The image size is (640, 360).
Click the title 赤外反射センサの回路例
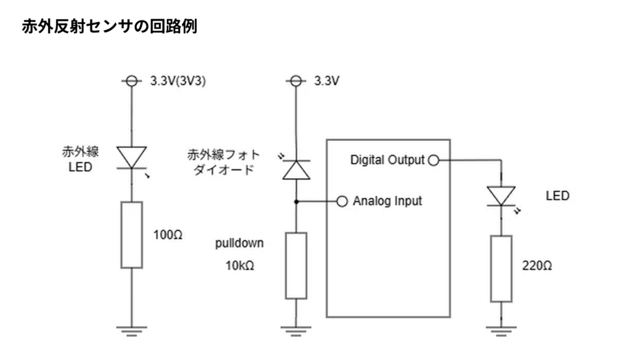coord(110,27)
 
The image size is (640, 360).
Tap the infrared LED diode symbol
coord(131,157)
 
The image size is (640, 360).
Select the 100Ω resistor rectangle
coord(131,234)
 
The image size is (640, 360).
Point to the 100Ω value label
coord(167,236)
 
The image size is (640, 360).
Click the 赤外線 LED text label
coord(80,159)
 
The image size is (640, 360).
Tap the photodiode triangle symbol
coord(296,169)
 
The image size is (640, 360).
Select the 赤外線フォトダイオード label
coord(224,162)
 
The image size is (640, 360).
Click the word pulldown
coord(239,244)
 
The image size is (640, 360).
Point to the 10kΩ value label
coord(240,265)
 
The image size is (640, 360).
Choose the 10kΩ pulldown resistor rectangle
coord(296,265)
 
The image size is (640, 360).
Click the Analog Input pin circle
coord(342,201)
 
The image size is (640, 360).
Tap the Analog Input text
coord(387,201)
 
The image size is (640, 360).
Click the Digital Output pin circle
coord(432,160)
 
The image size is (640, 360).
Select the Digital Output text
coord(387,160)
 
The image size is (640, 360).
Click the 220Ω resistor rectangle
coord(501,269)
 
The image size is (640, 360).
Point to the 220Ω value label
coord(537,265)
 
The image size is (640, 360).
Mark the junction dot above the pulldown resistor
coord(296,201)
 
